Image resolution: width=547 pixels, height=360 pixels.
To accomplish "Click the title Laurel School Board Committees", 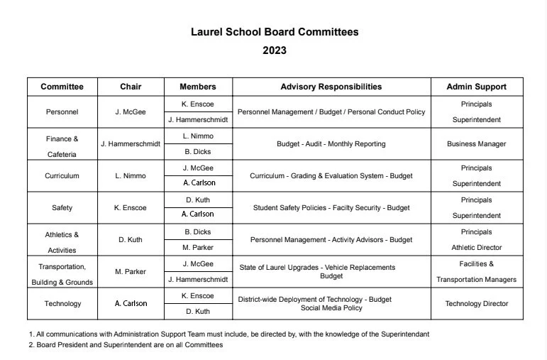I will [275, 32].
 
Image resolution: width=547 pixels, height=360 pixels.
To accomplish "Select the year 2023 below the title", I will [275, 50].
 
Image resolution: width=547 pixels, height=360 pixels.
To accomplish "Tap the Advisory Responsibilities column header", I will [331, 87].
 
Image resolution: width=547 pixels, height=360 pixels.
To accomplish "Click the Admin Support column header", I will [476, 87].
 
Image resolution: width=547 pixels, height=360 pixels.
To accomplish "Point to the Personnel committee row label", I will [62, 112].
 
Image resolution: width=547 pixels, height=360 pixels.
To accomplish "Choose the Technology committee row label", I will [62, 304].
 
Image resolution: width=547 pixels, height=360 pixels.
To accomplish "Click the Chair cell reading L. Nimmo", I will [131, 176].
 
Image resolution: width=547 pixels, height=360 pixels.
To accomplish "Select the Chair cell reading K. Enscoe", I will [131, 208].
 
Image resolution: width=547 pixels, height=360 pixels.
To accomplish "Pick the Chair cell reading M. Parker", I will [131, 272].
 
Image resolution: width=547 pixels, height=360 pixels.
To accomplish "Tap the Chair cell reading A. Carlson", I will [131, 304].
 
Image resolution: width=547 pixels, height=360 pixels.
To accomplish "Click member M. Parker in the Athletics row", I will [197, 248].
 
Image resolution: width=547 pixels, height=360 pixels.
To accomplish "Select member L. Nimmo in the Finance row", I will [197, 136].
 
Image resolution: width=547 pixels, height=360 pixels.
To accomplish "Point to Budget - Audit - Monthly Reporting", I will [331, 144].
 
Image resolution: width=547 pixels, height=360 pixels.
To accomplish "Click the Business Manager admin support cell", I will [476, 144].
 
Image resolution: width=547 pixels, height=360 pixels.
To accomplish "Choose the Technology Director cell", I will [476, 304].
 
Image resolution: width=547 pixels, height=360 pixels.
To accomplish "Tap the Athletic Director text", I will [476, 248].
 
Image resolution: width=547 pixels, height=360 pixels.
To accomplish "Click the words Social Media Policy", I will [331, 308].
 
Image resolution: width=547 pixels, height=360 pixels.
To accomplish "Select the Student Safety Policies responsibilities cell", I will [331, 208].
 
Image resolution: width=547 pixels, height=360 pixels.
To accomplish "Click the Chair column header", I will [131, 87].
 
